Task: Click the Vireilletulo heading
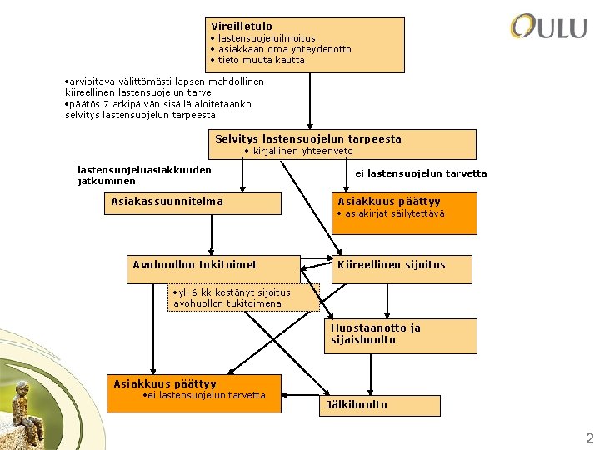[242, 27]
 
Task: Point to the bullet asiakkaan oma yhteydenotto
[284, 49]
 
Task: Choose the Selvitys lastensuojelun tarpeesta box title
[308, 138]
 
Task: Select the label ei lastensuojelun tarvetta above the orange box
[421, 173]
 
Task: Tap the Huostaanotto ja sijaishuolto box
[376, 333]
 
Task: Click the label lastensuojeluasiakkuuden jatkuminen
[143, 175]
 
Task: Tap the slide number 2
[589, 438]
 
